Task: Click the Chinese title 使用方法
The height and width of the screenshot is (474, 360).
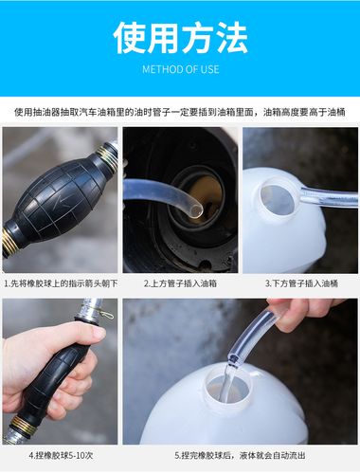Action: tap(180, 37)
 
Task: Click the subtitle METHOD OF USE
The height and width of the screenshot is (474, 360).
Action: tap(180, 69)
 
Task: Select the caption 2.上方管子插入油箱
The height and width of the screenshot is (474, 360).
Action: tap(180, 283)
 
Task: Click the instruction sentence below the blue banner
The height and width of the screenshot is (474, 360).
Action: tap(180, 111)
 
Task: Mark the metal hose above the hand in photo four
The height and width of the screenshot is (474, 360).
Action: tap(90, 311)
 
